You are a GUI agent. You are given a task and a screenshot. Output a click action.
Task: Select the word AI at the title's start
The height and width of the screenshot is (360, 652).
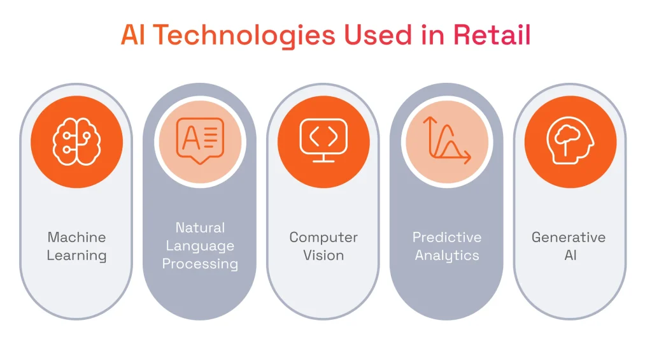click(132, 36)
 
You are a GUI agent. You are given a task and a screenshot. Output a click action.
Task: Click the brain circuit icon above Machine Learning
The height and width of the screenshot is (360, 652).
click(76, 141)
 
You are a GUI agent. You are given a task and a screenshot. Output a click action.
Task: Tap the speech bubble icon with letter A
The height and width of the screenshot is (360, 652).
click(200, 141)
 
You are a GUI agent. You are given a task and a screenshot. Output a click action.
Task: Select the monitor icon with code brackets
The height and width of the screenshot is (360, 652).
click(323, 141)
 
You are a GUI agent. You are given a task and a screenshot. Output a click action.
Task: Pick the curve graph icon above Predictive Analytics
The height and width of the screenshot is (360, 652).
click(446, 141)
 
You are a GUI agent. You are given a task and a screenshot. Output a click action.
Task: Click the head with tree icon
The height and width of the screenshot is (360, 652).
click(570, 141)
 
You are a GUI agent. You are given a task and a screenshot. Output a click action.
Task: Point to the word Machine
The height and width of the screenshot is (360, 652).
click(76, 238)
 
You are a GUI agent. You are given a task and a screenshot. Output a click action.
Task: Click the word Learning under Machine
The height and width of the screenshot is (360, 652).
click(76, 256)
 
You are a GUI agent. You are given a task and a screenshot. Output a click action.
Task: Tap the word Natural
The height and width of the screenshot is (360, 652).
click(200, 227)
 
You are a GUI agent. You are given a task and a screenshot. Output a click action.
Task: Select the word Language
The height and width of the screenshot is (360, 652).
click(200, 246)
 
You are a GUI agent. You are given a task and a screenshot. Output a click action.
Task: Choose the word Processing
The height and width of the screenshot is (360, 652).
click(200, 264)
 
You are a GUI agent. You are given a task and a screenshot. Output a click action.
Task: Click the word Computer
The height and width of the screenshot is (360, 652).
click(323, 238)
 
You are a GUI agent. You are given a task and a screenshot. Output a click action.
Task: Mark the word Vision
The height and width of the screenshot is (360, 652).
click(323, 256)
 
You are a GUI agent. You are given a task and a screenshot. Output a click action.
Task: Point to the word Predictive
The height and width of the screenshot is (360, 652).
click(446, 238)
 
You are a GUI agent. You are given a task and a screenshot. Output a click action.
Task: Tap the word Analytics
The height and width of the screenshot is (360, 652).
click(446, 256)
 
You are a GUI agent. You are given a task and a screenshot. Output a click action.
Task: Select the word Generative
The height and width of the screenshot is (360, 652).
click(569, 238)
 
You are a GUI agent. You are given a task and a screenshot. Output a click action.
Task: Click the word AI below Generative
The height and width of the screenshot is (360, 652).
click(569, 256)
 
